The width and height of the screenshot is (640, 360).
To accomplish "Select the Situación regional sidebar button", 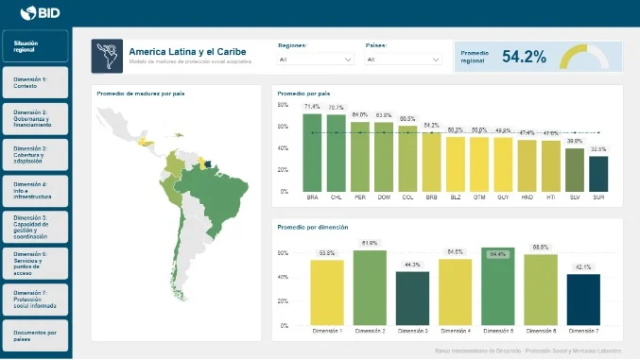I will coord(35,46).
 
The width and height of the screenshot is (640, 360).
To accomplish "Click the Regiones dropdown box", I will coord(316,60).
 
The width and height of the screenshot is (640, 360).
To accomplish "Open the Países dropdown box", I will coord(403,60).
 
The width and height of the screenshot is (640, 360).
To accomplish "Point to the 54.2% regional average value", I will coord(524,57).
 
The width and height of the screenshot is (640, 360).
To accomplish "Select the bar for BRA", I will coord(313,151).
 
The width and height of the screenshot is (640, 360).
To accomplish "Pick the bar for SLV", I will coord(575,169).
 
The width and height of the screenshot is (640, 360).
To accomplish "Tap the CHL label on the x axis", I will coord(337,197).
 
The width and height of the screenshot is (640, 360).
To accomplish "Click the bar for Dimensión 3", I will coord(412,299).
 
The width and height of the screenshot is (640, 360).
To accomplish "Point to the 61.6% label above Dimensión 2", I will coord(370,243).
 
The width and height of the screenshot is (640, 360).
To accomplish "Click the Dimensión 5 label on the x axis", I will coord(497,332).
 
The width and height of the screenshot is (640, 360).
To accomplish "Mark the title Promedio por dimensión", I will coord(312,227).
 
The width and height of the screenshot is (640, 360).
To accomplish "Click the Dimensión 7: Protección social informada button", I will coord(35,298).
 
